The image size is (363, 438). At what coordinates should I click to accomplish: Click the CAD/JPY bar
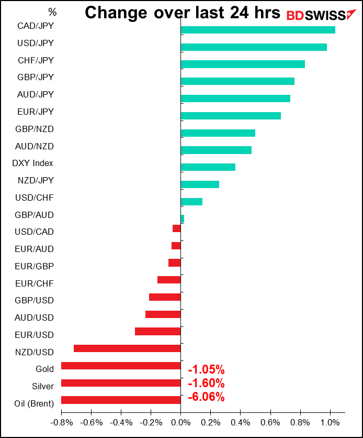[x=258, y=30]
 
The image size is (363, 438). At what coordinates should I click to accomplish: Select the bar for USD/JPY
[x=254, y=47]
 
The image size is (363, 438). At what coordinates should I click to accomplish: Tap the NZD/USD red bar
[x=127, y=348]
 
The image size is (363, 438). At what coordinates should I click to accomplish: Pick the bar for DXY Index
[x=208, y=167]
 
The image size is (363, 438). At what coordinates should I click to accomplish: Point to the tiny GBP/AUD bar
[x=183, y=218]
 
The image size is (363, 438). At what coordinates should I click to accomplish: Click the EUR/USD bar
[x=158, y=332]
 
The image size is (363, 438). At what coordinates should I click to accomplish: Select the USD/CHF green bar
[x=191, y=202]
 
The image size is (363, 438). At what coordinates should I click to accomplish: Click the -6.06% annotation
[x=206, y=397]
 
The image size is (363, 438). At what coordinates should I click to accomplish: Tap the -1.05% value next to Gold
[x=206, y=369]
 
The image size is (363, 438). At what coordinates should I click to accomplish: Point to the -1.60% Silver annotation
[x=206, y=384]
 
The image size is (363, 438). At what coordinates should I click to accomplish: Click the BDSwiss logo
[x=322, y=15]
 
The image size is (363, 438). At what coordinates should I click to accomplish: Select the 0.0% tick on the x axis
[x=180, y=423]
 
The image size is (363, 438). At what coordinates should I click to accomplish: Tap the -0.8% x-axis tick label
[x=61, y=423]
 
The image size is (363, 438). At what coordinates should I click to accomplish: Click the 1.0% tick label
[x=330, y=423]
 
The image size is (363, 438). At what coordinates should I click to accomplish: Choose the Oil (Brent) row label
[x=34, y=403]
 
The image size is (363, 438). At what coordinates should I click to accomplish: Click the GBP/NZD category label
[x=35, y=129]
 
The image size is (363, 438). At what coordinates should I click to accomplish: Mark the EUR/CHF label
[x=35, y=283]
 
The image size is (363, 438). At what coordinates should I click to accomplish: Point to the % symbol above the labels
[x=52, y=12]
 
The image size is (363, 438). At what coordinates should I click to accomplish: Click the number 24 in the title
[x=240, y=13]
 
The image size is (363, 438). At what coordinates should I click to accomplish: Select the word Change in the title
[x=116, y=13]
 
